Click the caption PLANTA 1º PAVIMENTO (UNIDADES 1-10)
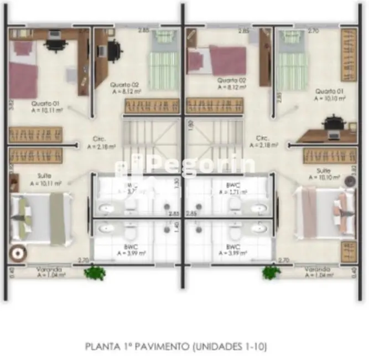pyautogui.click(x=176, y=347)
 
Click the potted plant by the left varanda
pyautogui.click(x=95, y=272)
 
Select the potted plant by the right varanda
pyautogui.click(x=271, y=272)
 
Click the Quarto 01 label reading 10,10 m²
pyautogui.click(x=330, y=94)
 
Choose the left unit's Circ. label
pyautogui.click(x=101, y=143)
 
